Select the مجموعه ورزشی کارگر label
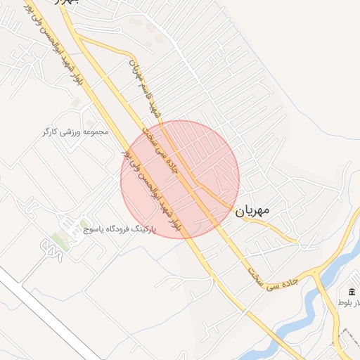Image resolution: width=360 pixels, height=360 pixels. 77,131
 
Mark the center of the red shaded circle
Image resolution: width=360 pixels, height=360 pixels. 180,179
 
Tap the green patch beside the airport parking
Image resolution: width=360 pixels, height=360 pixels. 56,245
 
